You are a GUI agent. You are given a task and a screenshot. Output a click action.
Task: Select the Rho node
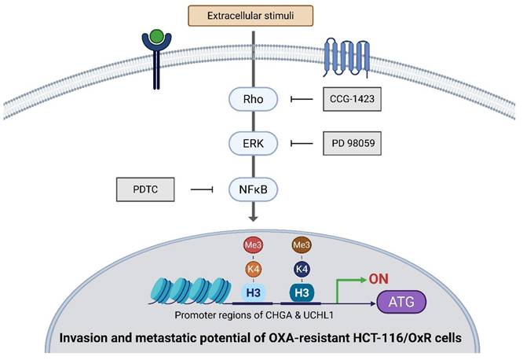click(x=251, y=100)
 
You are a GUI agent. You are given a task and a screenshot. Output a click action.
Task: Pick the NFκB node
click(x=251, y=189)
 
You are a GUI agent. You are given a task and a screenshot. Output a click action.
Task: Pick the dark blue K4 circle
click(x=302, y=268)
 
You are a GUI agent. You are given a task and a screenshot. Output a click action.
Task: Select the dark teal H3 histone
click(x=302, y=292)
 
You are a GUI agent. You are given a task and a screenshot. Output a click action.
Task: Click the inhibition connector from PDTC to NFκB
click(x=203, y=189)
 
